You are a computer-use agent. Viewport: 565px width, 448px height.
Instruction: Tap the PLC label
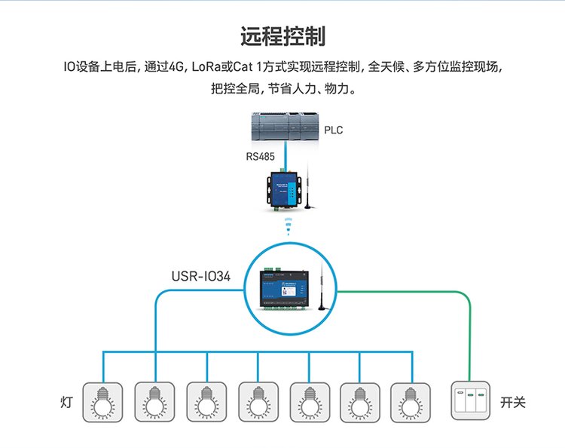click(333, 130)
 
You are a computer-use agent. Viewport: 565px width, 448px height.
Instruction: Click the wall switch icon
click(471, 400)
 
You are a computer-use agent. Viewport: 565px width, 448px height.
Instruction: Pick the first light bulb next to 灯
click(102, 400)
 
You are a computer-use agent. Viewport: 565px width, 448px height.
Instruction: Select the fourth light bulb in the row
click(258, 400)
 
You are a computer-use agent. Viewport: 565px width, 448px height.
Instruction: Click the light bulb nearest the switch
click(411, 400)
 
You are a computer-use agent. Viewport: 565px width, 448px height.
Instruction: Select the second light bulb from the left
click(154, 400)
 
